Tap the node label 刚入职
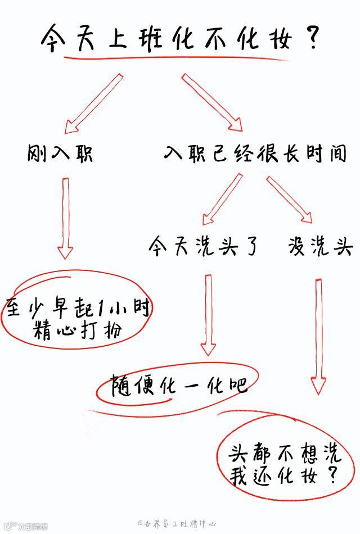(x=61, y=153)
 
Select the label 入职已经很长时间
(x=255, y=153)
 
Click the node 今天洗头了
(x=205, y=246)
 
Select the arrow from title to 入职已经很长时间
(x=211, y=102)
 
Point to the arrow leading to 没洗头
(x=289, y=199)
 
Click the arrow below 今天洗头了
(x=209, y=314)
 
